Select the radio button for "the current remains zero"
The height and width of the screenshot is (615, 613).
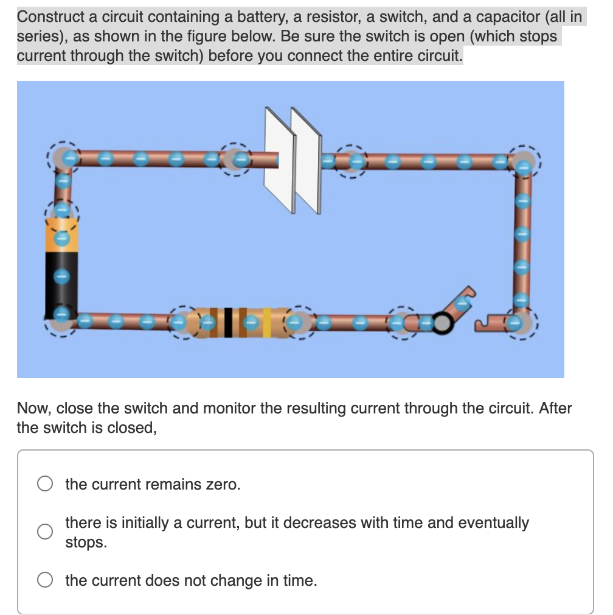click(x=45, y=484)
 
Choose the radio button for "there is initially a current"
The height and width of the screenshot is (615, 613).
click(x=45, y=532)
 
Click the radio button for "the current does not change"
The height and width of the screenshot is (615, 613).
click(x=45, y=580)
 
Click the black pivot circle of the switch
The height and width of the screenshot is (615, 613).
click(x=443, y=324)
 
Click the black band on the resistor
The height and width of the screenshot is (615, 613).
click(x=227, y=322)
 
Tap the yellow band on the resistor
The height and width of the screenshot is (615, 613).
click(x=267, y=322)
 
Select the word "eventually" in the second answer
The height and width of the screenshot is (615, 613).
click(x=493, y=522)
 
